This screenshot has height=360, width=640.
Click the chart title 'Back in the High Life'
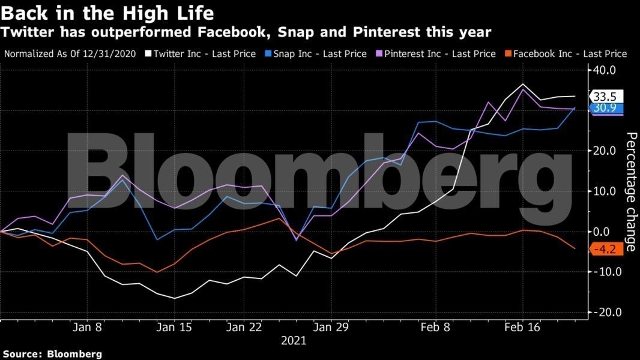click(x=108, y=12)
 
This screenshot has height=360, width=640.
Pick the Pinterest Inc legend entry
click(x=441, y=54)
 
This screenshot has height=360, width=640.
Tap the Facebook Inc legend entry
click(x=570, y=54)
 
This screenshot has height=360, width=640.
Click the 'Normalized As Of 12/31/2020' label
click(x=71, y=54)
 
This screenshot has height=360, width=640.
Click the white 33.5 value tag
click(x=606, y=97)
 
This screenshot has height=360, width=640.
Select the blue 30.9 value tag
click(x=606, y=109)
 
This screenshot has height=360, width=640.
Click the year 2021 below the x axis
click(x=294, y=341)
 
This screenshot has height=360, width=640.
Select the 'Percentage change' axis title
click(x=631, y=191)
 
